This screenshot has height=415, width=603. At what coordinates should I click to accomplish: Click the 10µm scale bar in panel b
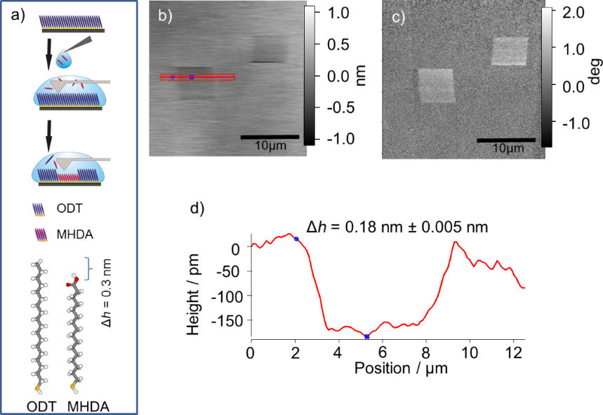[x=270, y=136]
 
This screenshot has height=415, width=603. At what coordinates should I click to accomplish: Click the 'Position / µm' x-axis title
[x=387, y=367]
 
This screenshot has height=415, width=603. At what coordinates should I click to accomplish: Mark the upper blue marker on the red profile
[x=296, y=239]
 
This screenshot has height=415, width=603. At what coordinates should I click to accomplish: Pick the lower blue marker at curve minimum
[x=367, y=337]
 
